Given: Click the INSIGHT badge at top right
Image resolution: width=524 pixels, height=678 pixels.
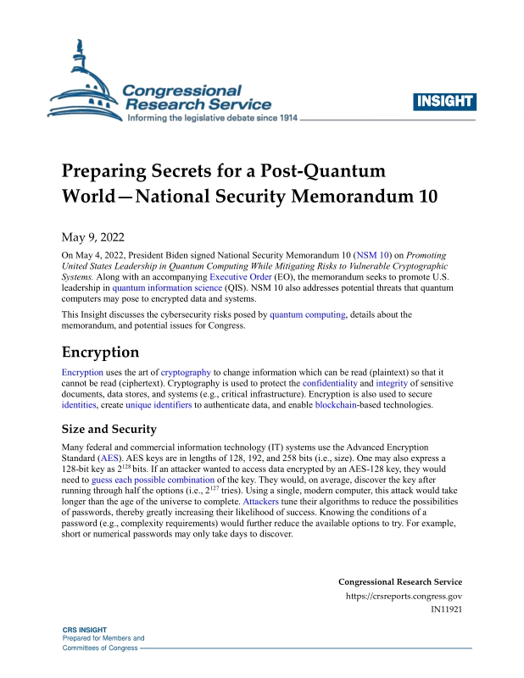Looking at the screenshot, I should click(444, 103).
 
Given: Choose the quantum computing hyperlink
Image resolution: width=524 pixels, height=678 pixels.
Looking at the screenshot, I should click(307, 315).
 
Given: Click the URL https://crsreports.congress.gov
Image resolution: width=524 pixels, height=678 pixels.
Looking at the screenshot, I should click(404, 596).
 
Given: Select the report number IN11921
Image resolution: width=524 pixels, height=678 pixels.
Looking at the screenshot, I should click(446, 609).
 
